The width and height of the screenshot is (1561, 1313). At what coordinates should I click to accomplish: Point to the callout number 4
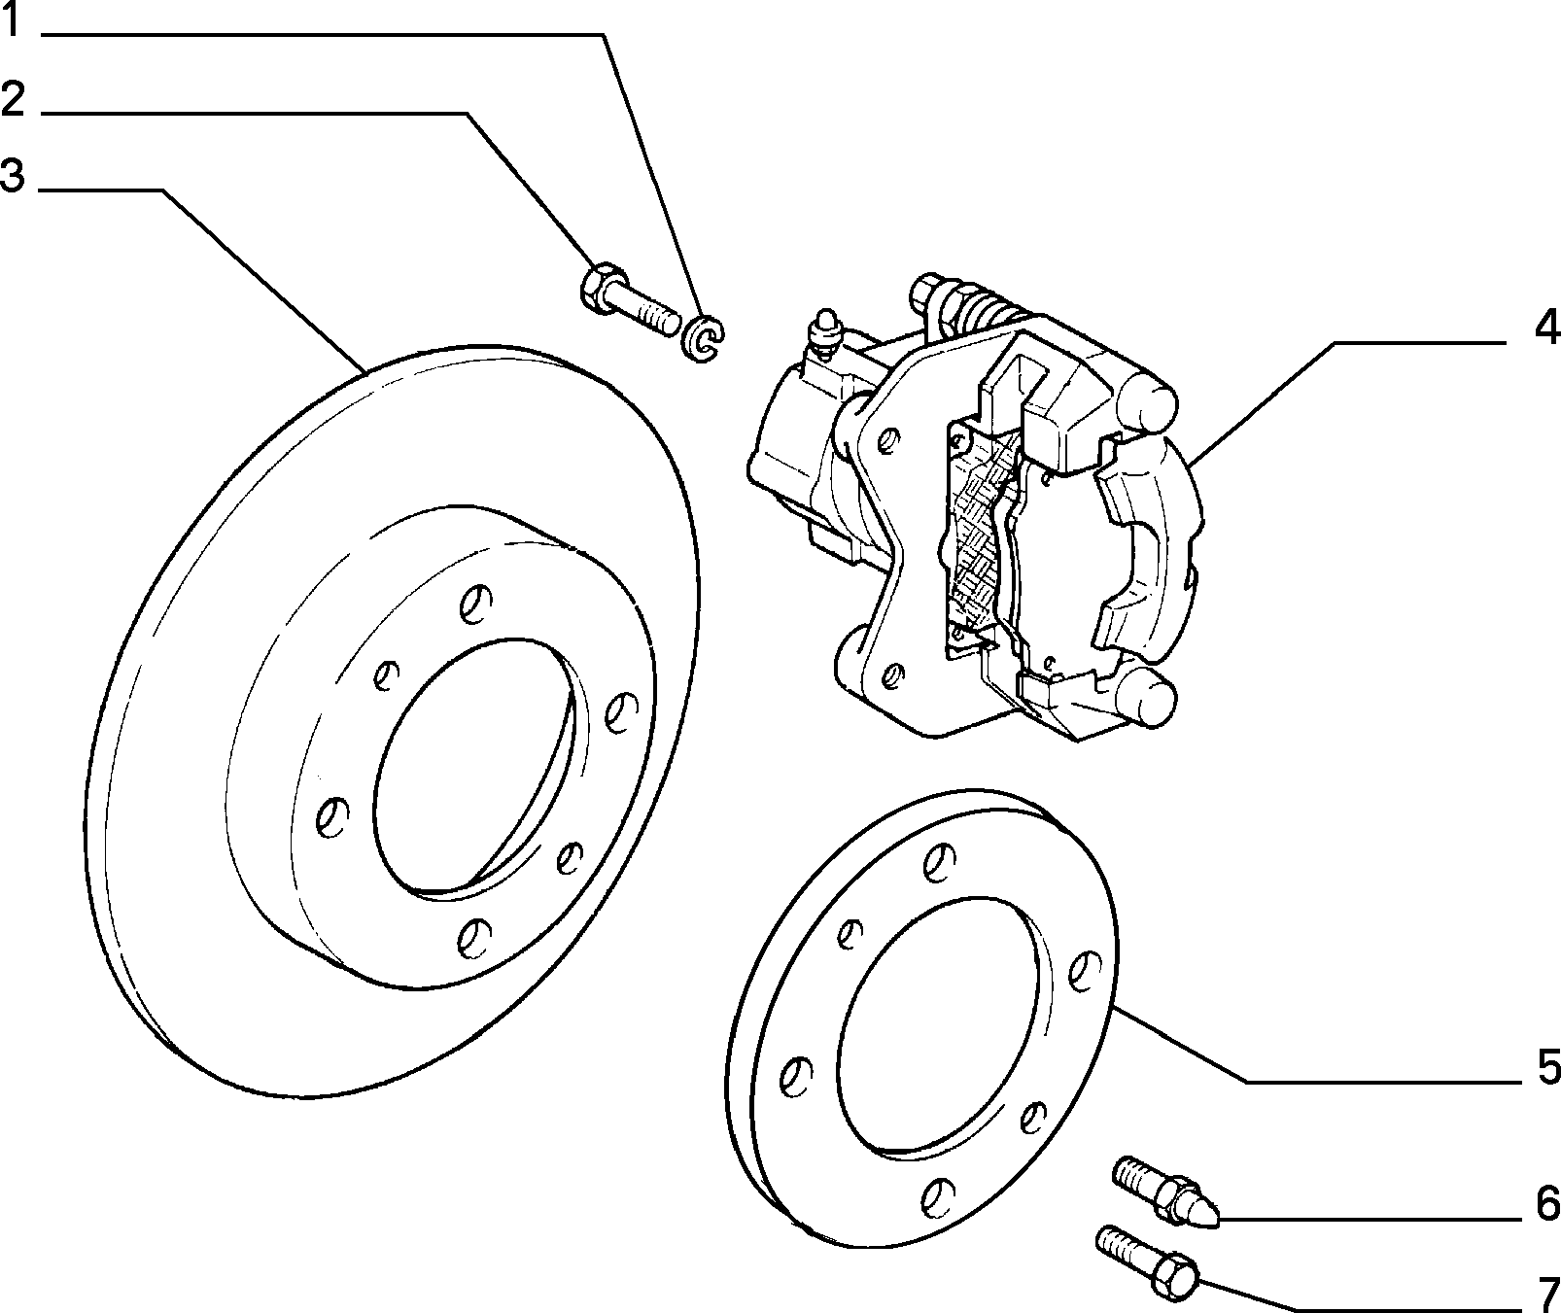tap(1546, 328)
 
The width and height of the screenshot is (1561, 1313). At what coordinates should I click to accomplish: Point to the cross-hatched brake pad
tap(976, 538)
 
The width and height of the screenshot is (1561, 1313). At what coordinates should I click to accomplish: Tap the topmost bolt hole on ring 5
tap(939, 859)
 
